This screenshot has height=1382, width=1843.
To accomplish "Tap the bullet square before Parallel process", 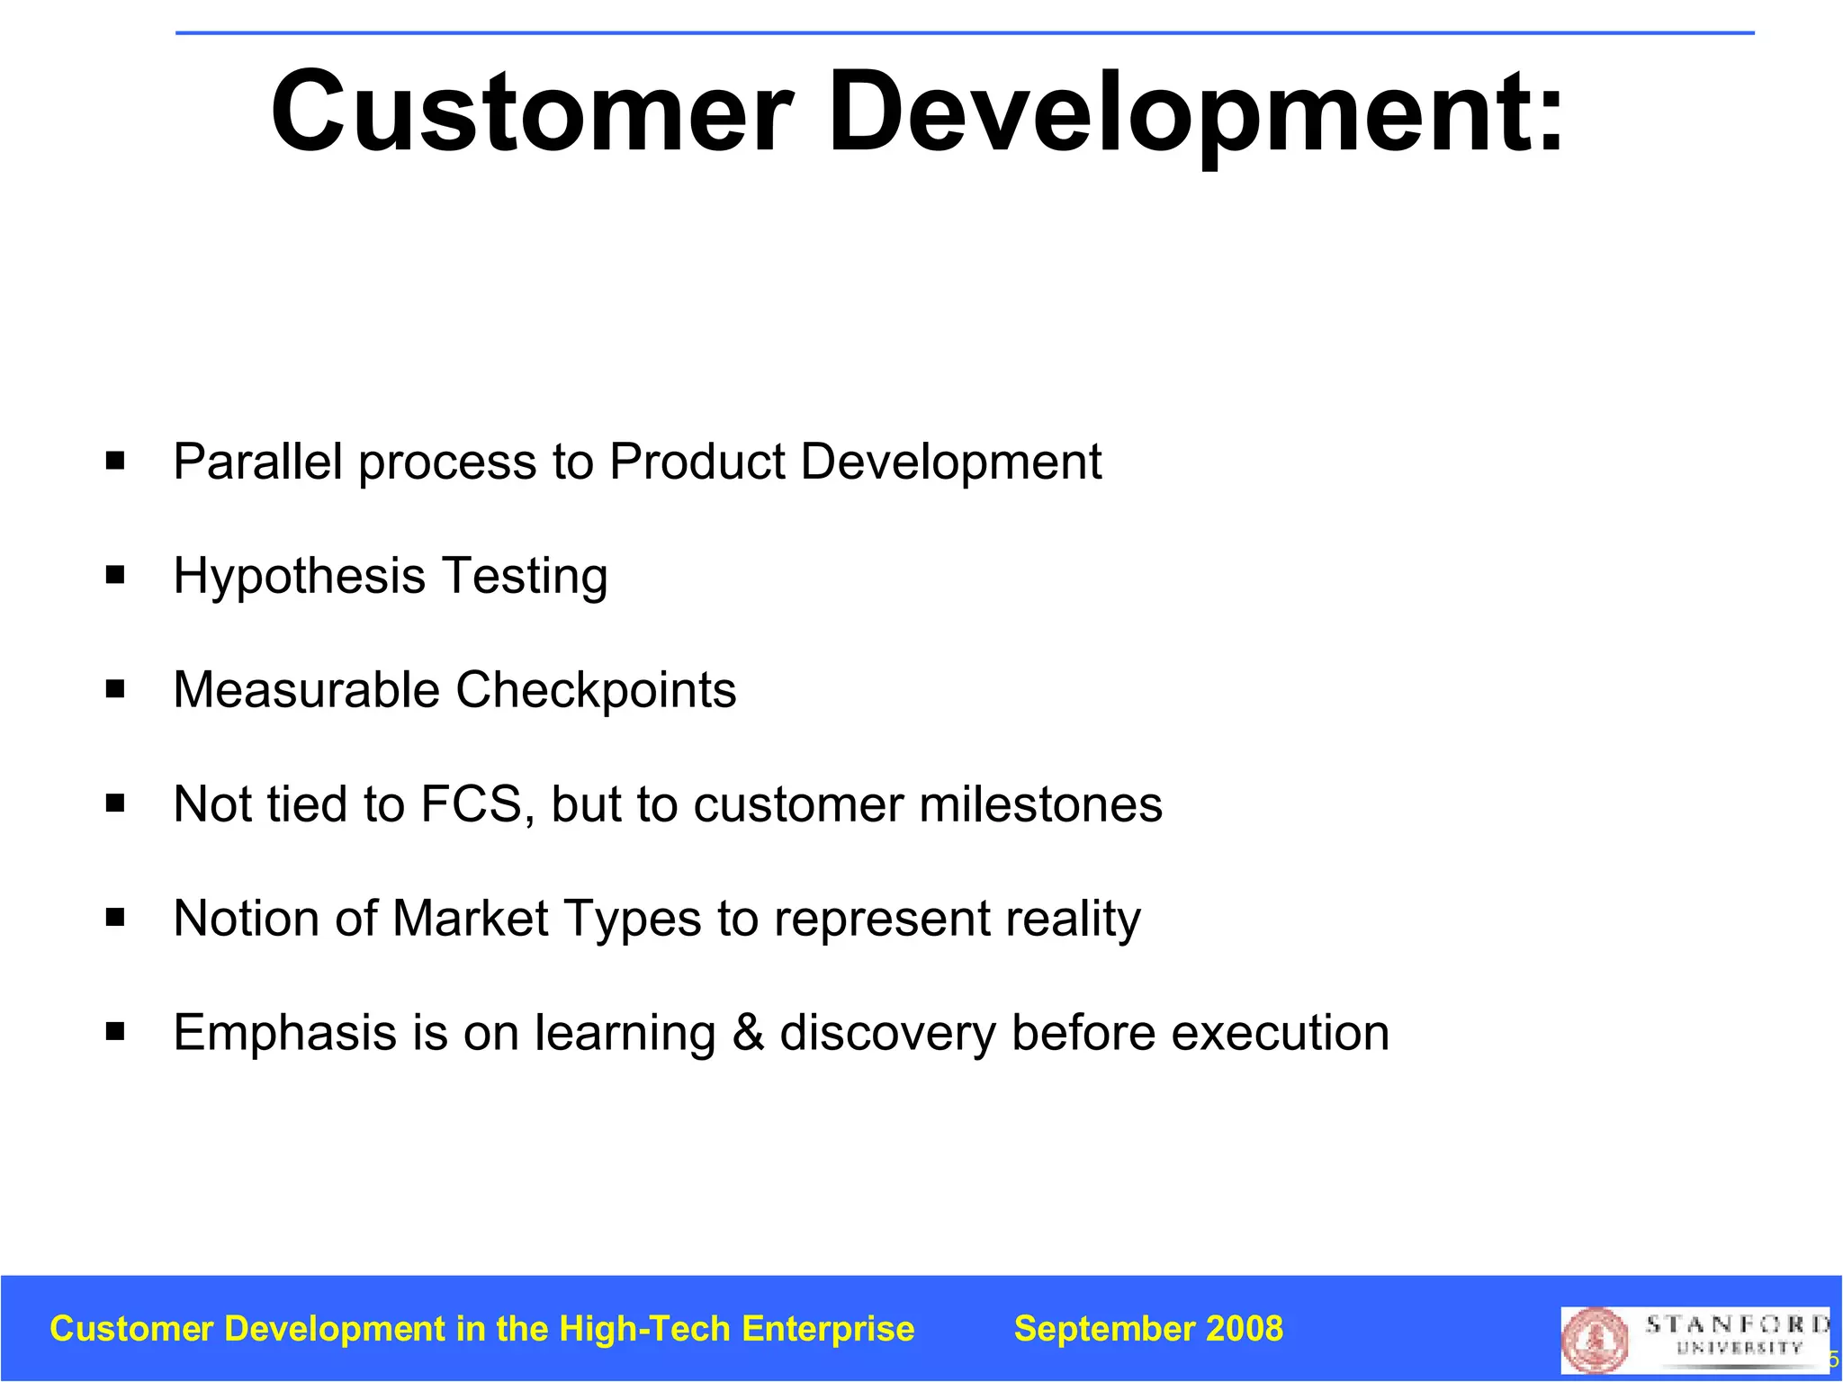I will (x=115, y=462).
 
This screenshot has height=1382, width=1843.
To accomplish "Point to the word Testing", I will (x=525, y=577).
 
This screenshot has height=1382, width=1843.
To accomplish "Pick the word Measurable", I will (x=306, y=690).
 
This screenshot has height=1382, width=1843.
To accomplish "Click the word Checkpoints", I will (x=596, y=690).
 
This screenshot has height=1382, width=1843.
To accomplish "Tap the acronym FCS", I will (x=472, y=804).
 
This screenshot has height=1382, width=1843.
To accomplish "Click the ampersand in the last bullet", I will (x=748, y=1033).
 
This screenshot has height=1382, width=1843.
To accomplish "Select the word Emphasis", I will (x=284, y=1033).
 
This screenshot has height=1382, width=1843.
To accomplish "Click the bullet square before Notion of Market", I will (x=115, y=919).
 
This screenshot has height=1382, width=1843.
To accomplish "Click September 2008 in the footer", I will (x=1148, y=1329).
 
